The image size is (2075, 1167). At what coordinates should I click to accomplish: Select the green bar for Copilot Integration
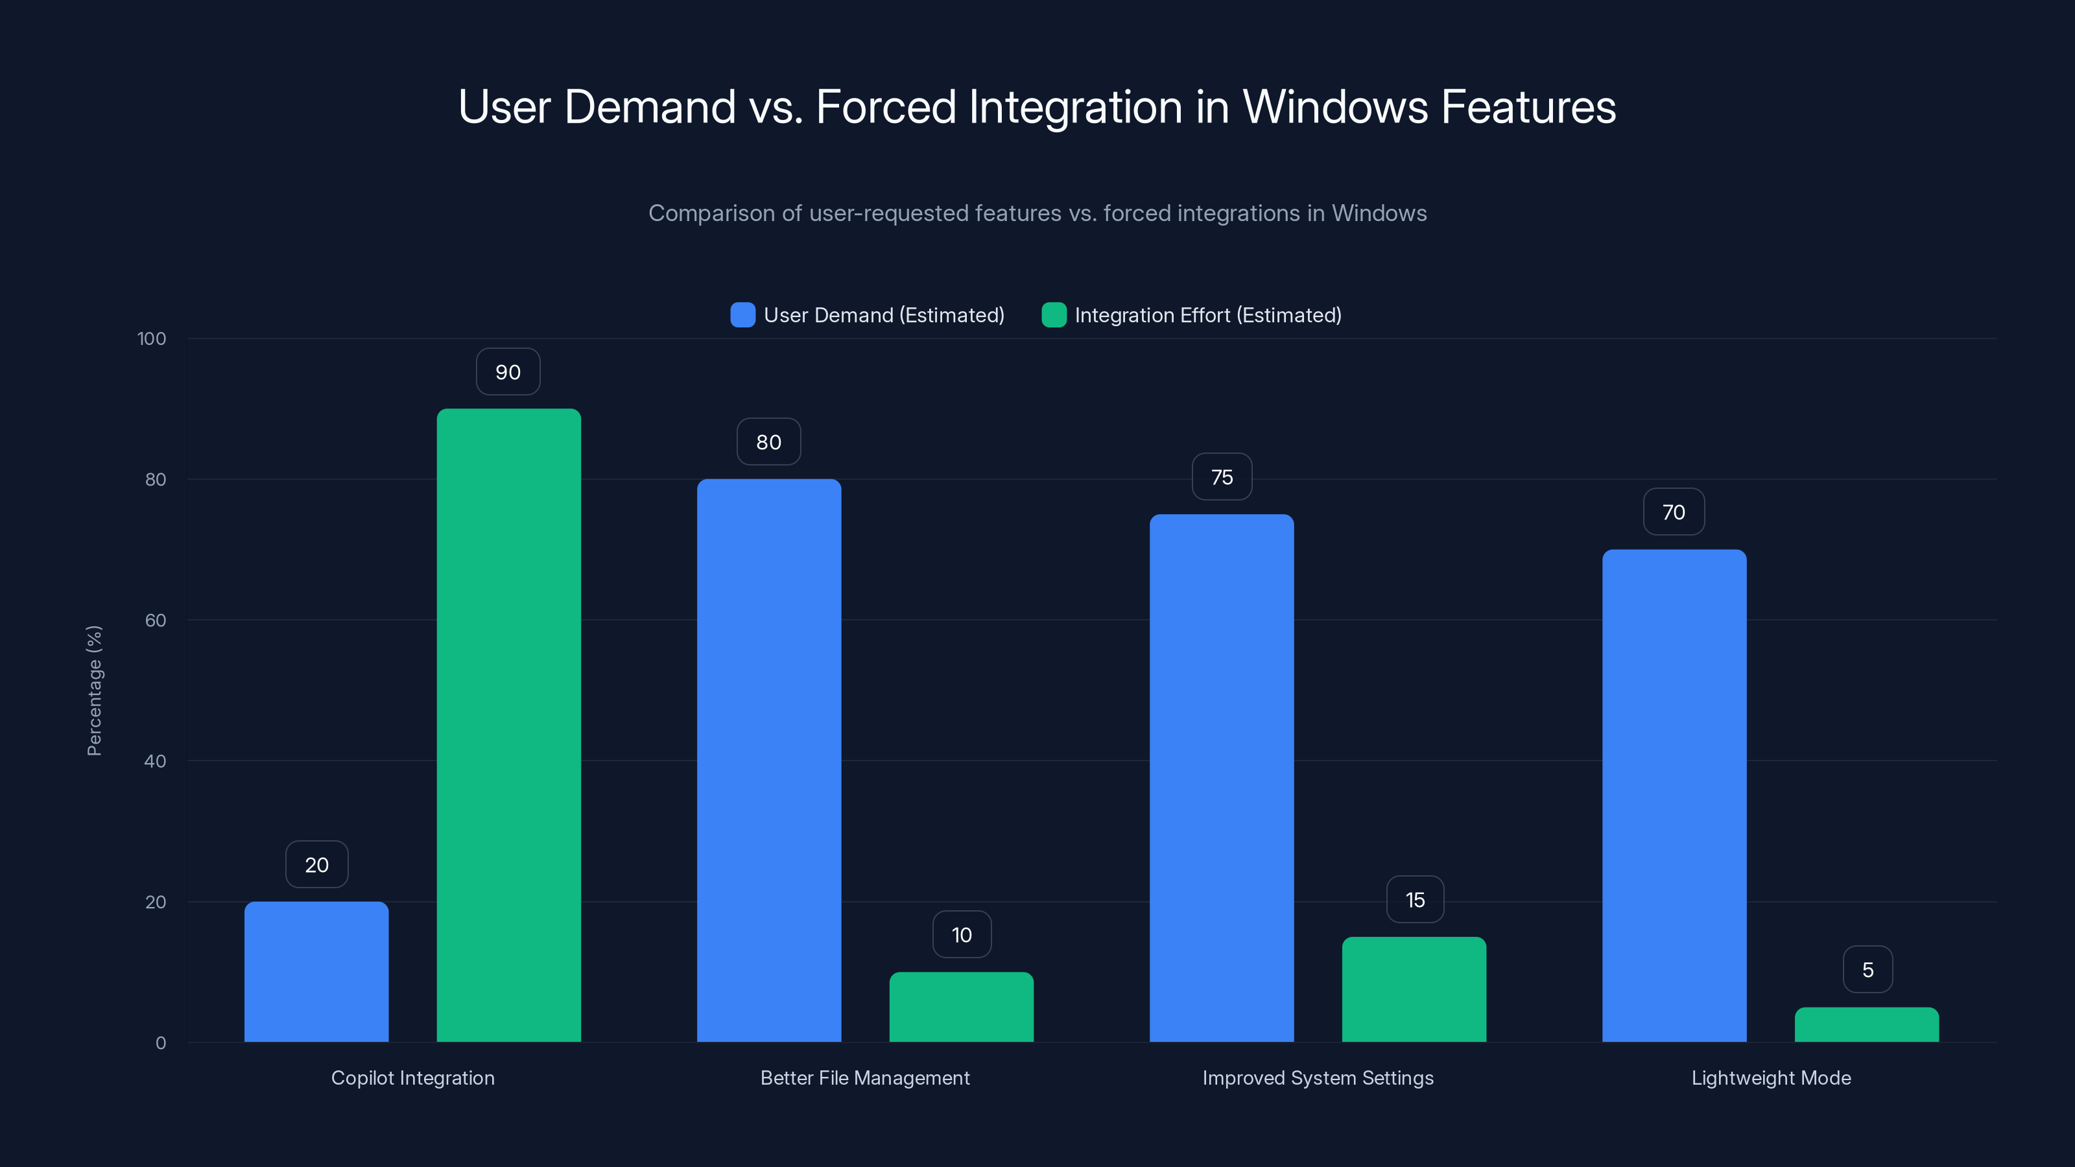[508, 725]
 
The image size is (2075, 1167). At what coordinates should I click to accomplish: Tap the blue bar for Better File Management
[768, 760]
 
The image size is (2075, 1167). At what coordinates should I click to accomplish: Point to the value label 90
[508, 372]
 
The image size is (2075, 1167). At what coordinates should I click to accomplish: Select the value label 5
[1867, 970]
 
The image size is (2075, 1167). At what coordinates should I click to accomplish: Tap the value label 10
[962, 934]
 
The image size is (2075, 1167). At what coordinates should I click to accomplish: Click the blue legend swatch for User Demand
[742, 315]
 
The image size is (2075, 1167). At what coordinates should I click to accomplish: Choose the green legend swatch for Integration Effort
[1054, 315]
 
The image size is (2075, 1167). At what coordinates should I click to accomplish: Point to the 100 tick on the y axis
[152, 338]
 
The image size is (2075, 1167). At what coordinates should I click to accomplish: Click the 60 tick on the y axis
[156, 620]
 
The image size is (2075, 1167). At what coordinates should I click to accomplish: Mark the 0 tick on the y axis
[161, 1043]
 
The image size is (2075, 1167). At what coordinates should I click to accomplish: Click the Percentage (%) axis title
[94, 690]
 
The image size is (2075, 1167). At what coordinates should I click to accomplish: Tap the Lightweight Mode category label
[1770, 1078]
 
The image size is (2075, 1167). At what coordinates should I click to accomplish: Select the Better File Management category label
[864, 1078]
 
